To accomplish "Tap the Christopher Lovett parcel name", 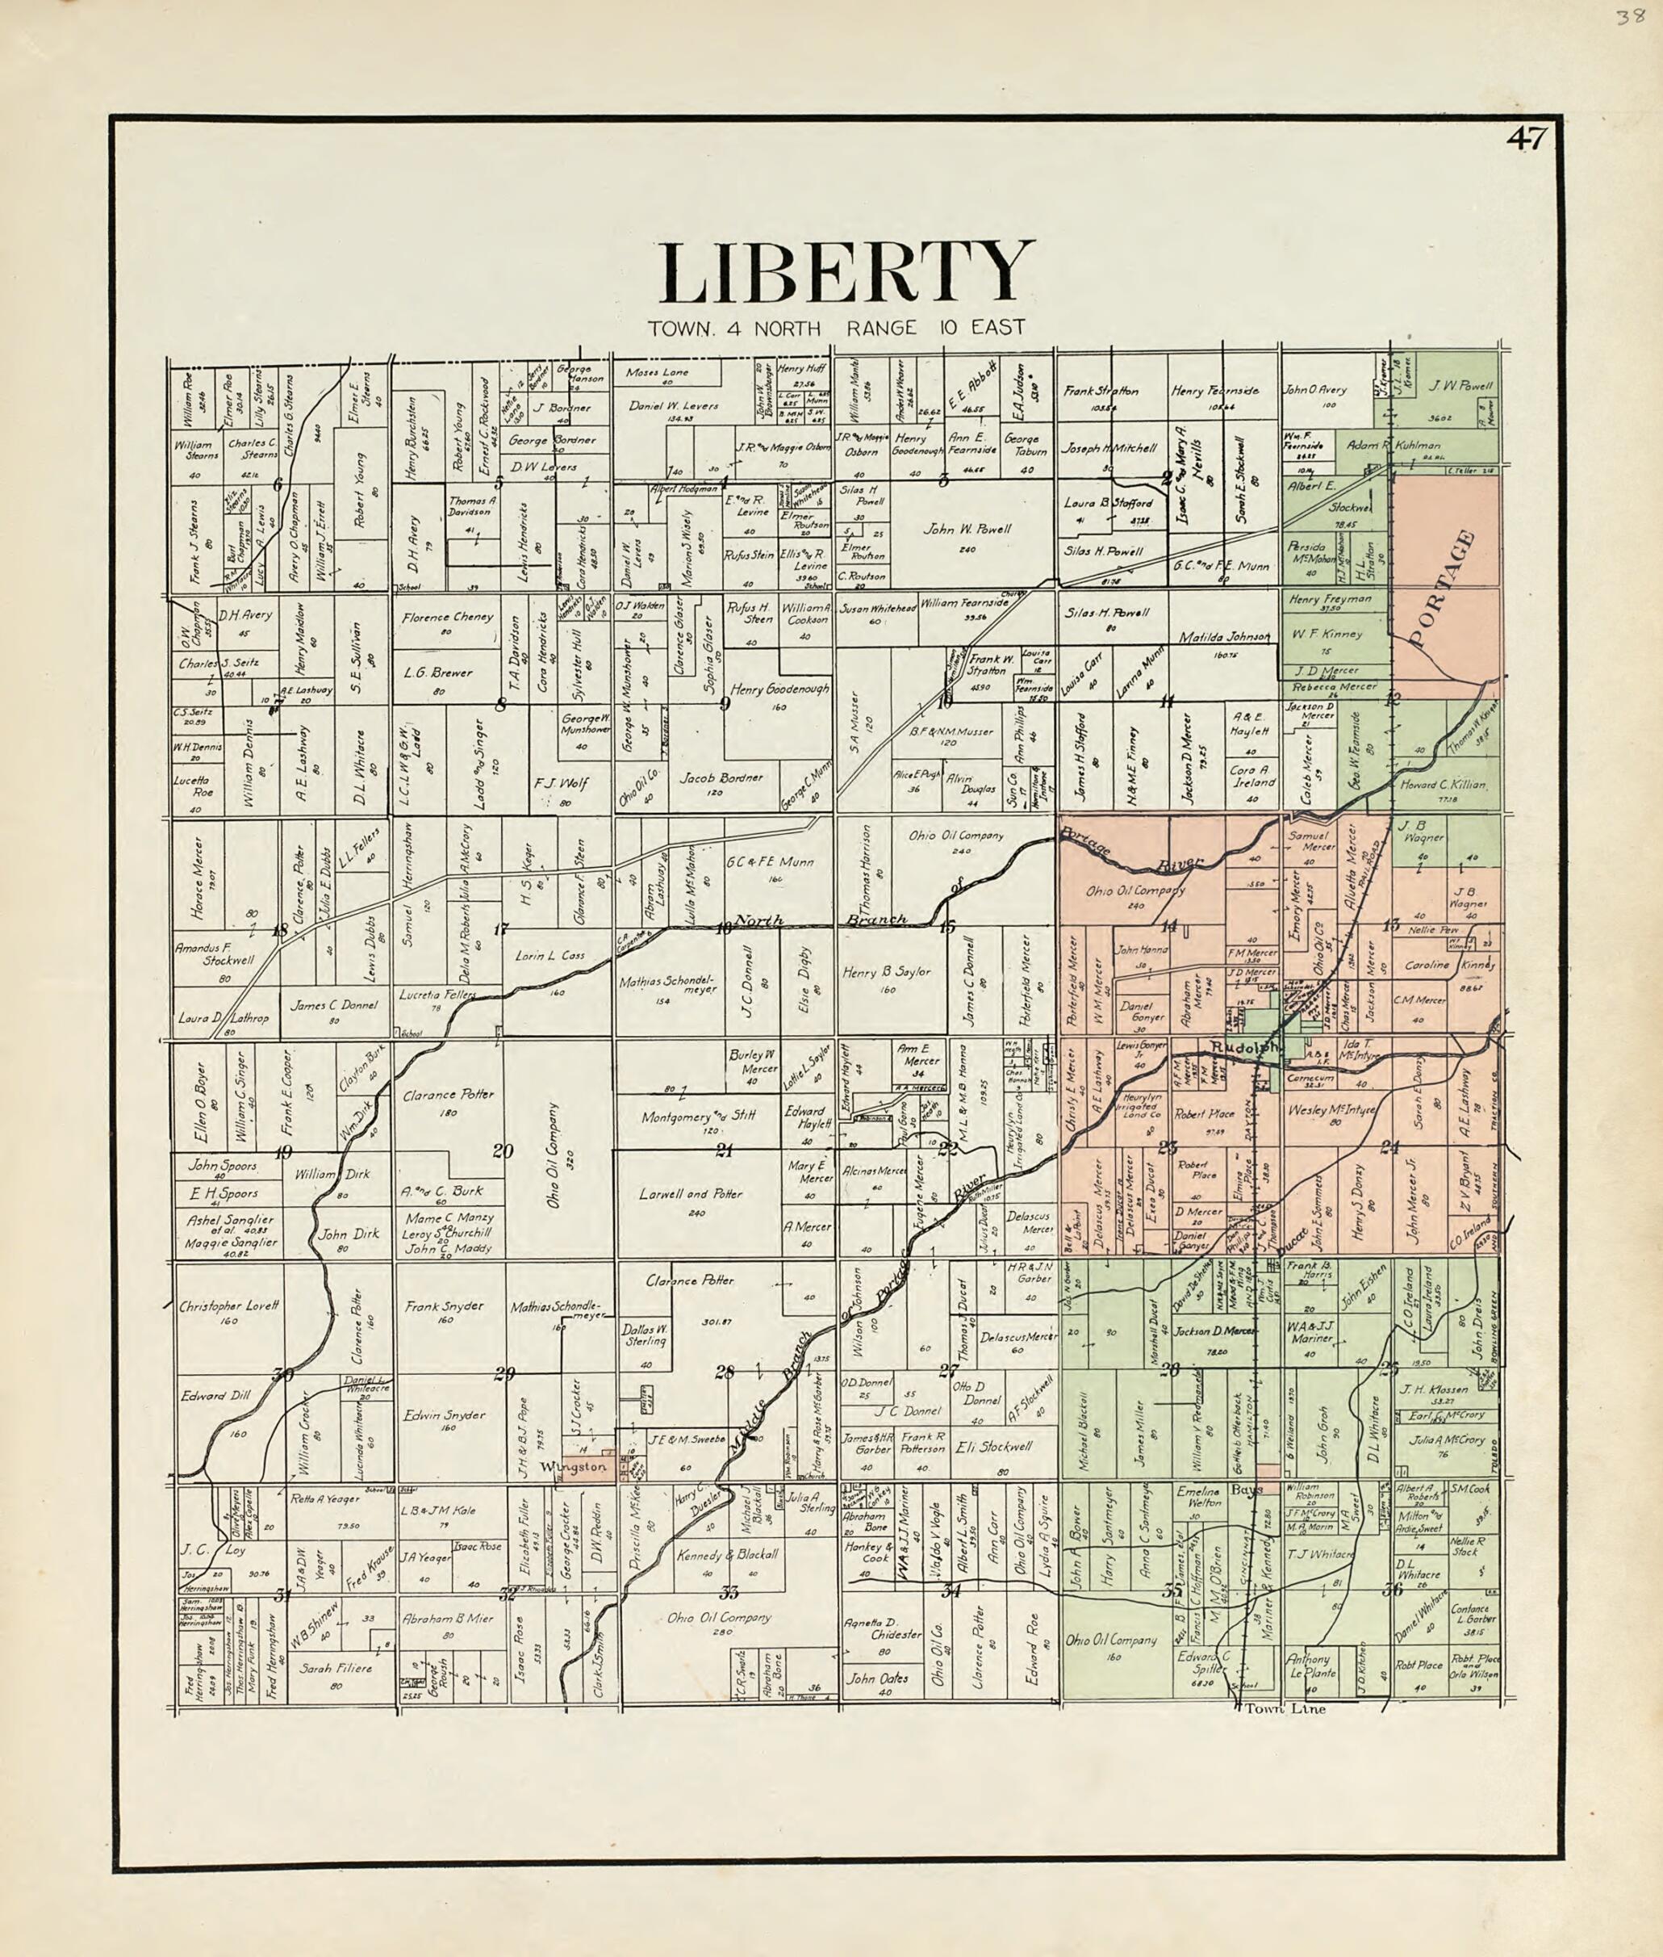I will pos(229,1306).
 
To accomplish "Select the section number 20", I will pos(502,1150).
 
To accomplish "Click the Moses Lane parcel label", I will pos(657,372).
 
